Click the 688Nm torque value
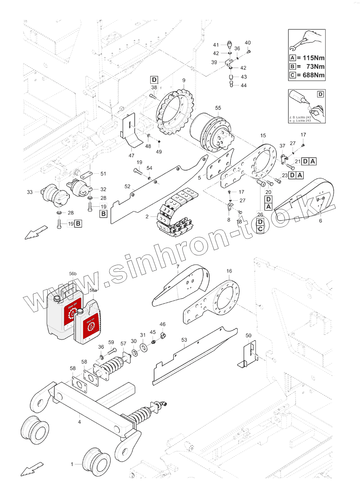[x=313, y=75]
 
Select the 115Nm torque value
[x=313, y=58]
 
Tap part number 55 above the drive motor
[x=218, y=108]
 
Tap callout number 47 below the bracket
[x=131, y=156]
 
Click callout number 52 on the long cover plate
[x=127, y=186]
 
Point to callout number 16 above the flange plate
[x=229, y=271]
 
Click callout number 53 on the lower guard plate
[x=184, y=340]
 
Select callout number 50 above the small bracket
[x=248, y=336]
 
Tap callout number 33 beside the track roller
[x=30, y=192]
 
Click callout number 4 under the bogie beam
[x=79, y=422]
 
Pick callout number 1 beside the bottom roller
[x=72, y=464]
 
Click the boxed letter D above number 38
[x=154, y=80]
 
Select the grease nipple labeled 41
[x=230, y=44]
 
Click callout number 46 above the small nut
[x=162, y=324]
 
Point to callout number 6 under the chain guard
[x=320, y=221]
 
